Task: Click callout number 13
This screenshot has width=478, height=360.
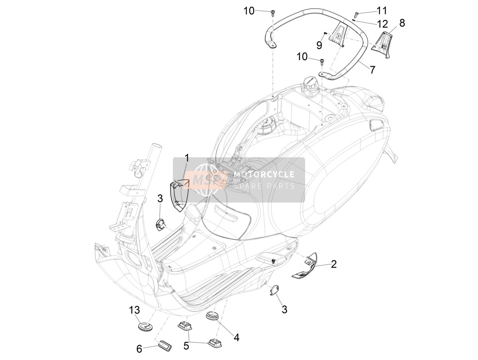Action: (x=135, y=310)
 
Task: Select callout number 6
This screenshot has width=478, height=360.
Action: (x=139, y=349)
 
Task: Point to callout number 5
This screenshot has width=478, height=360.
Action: (x=186, y=346)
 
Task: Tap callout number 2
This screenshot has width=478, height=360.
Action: (x=334, y=264)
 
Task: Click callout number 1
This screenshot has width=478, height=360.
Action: (x=187, y=158)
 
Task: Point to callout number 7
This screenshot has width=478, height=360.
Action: (x=372, y=70)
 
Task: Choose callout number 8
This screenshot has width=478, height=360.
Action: (x=402, y=23)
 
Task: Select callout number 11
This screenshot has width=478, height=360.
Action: (x=382, y=10)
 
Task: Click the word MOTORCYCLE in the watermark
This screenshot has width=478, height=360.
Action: (x=264, y=174)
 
